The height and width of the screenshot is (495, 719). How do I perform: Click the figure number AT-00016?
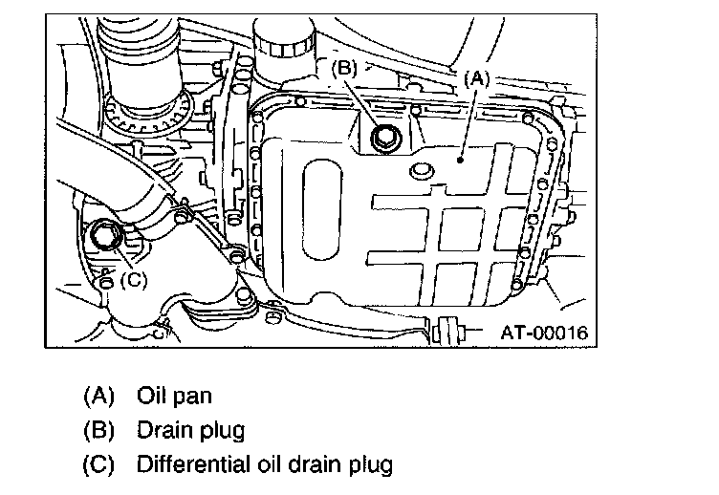tap(543, 334)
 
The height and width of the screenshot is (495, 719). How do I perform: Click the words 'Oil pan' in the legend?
tap(174, 395)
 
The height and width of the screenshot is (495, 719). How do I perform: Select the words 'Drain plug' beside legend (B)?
tap(191, 430)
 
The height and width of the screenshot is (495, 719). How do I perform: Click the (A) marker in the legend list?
tap(99, 395)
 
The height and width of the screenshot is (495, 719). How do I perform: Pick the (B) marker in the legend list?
tap(99, 430)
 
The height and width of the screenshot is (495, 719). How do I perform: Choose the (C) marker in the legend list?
tap(99, 465)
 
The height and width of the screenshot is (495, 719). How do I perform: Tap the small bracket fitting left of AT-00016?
tap(447, 333)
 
